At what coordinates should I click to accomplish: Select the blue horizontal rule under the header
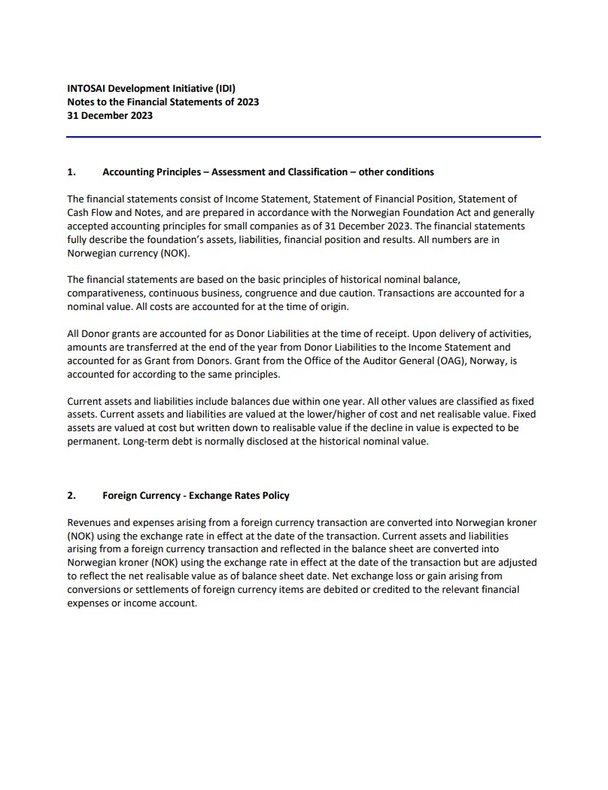click(303, 137)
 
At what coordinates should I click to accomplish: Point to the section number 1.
click(71, 172)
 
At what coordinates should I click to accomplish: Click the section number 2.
click(71, 495)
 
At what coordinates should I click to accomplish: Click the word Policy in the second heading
click(274, 495)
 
